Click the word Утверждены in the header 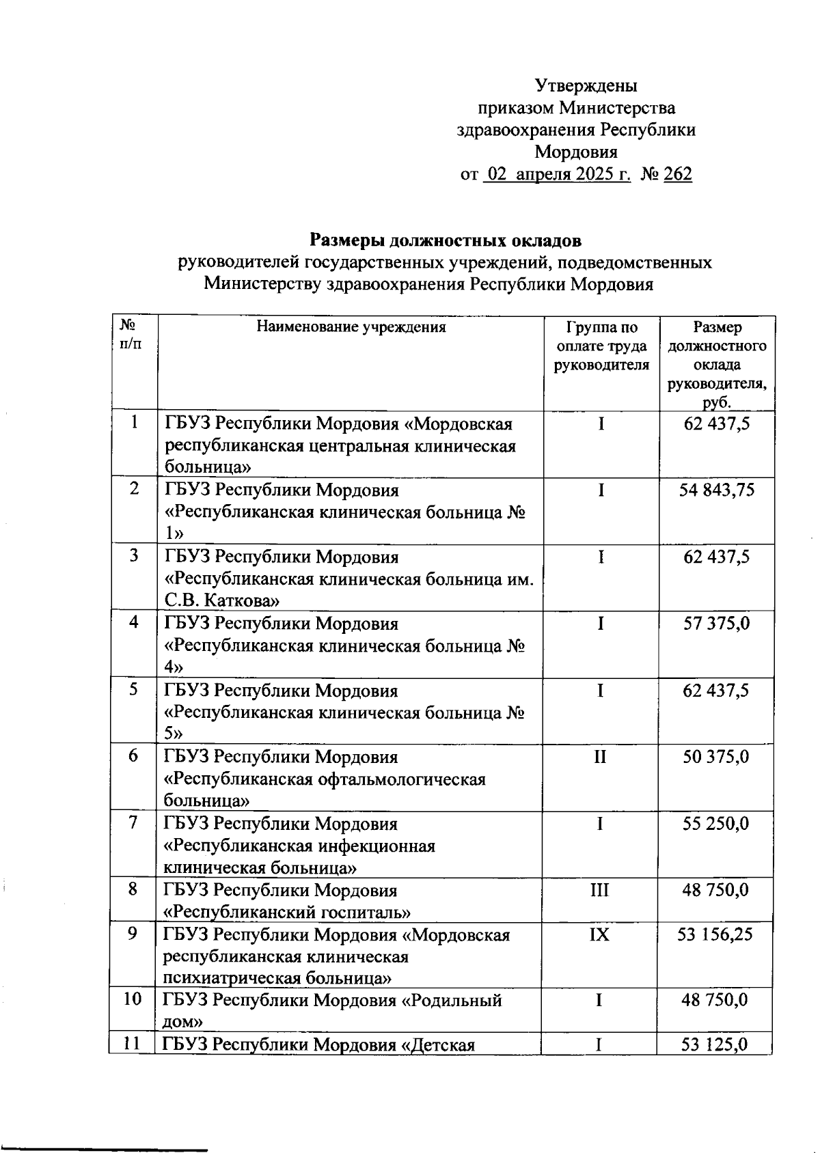point(586,86)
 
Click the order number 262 point(677,175)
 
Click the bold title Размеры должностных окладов point(446,240)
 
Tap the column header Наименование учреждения point(351,327)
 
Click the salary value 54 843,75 point(716,490)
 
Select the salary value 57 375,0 point(716,623)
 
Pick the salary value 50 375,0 point(716,757)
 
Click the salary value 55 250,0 point(716,824)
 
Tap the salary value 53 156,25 point(715,934)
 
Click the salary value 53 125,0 point(715,1044)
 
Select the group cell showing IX point(599,934)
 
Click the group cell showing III point(599,890)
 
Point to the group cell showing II point(600,757)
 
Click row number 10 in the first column point(132,1000)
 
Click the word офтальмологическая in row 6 point(401,779)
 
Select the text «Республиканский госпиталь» point(287,913)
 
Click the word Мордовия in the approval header point(575,152)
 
